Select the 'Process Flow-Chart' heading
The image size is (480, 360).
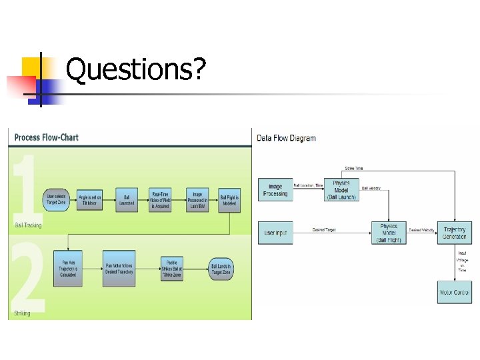[x=46, y=137]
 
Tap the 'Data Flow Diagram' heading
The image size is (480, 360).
[x=286, y=138]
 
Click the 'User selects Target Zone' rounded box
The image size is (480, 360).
[x=55, y=199]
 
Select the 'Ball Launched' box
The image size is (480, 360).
[x=126, y=199]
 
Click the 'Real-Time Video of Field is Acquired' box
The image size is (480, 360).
[x=160, y=199]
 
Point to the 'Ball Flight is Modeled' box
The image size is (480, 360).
[x=229, y=199]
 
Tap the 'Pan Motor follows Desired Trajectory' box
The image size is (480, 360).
[x=119, y=268]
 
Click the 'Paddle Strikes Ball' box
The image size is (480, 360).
[x=172, y=268]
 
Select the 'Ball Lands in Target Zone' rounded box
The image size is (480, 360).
[x=221, y=268]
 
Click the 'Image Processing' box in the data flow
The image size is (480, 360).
[x=275, y=190]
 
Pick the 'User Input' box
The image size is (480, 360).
[x=275, y=232]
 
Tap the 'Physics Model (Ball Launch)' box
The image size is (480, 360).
[x=341, y=190]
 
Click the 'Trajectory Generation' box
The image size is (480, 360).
[x=454, y=233]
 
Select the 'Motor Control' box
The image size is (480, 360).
[x=454, y=292]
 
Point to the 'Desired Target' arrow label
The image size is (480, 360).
[x=324, y=230]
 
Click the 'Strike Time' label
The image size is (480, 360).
[x=353, y=168]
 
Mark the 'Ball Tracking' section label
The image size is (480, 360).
[x=28, y=225]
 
